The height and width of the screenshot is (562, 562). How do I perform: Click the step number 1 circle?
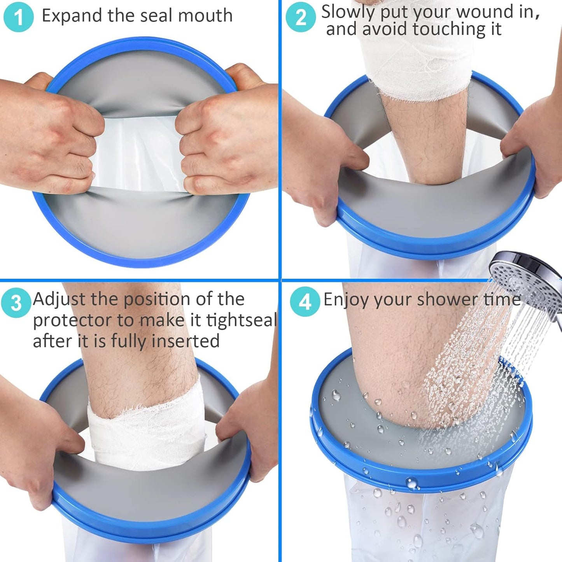pyautogui.click(x=19, y=17)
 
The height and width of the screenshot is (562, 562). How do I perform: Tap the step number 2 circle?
pyautogui.click(x=301, y=17)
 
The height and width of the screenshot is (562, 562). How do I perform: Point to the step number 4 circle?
pyautogui.click(x=305, y=301)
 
